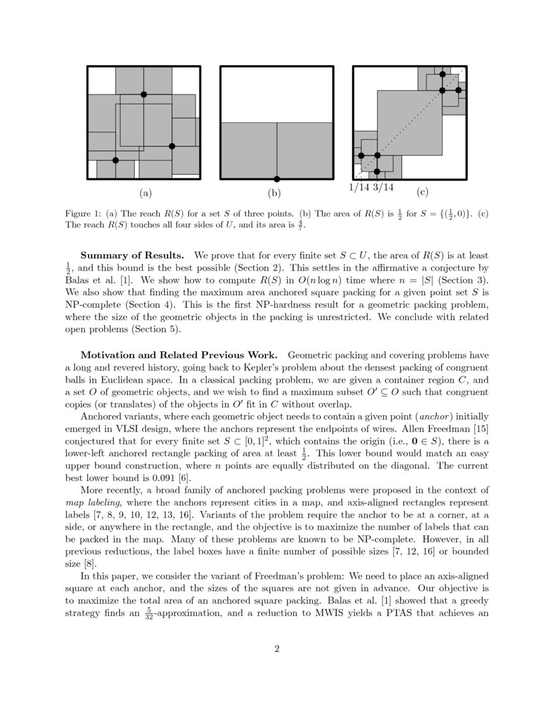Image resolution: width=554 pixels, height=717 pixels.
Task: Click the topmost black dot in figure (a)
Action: point(144,95)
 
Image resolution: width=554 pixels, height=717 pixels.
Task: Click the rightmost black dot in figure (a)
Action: point(172,146)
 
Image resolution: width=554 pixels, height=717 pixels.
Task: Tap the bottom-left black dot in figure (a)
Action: point(115,160)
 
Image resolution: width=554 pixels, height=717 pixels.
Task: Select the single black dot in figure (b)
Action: point(276,179)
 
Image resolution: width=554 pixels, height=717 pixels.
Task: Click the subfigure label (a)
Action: point(145,193)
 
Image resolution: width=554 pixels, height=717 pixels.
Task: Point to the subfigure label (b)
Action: point(274,193)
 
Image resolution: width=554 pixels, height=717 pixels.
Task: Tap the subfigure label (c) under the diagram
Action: point(422,193)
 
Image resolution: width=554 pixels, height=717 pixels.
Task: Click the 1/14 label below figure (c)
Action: point(359,188)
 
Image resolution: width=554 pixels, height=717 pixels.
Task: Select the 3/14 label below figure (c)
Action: point(383,188)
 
